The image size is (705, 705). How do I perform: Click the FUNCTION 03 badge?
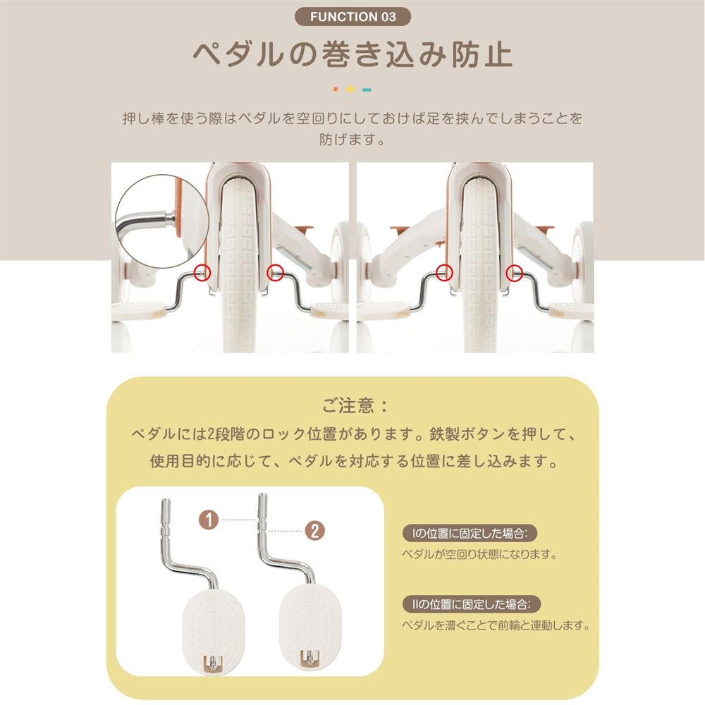pyautogui.click(x=352, y=16)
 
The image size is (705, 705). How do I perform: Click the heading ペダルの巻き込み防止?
pyautogui.click(x=352, y=56)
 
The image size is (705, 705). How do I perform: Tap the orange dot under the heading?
pyautogui.click(x=336, y=90)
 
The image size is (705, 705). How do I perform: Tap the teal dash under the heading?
pyautogui.click(x=367, y=90)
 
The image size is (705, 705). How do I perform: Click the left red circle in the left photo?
pyautogui.click(x=202, y=271)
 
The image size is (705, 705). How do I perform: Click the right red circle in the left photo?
pyautogui.click(x=275, y=270)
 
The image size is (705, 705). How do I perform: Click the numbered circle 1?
pyautogui.click(x=207, y=520)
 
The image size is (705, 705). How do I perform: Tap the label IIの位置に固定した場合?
pyautogui.click(x=471, y=604)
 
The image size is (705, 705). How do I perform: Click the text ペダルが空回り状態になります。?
pyautogui.click(x=479, y=554)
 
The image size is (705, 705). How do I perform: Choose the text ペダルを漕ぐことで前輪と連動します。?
pyautogui.click(x=495, y=625)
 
